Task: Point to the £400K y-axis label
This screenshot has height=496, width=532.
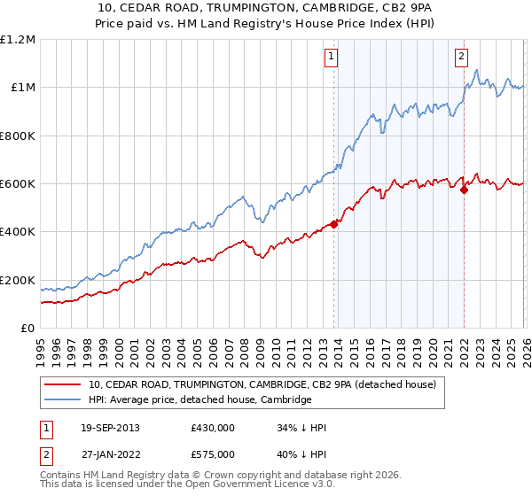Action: (x=18, y=232)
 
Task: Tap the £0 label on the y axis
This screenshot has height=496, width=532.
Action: (x=27, y=329)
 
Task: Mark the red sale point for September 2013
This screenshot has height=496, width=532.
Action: (x=334, y=224)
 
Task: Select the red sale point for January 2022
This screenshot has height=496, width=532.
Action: (x=464, y=189)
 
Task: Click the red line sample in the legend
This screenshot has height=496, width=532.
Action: (x=63, y=385)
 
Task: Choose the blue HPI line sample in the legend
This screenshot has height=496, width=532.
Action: (x=63, y=400)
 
